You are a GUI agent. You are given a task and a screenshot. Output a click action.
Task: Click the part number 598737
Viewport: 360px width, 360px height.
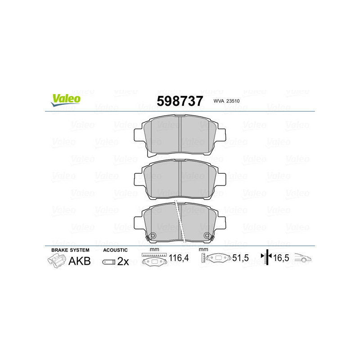(180, 101)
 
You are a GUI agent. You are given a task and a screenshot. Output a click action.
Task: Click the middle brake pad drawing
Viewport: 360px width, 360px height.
(180, 179)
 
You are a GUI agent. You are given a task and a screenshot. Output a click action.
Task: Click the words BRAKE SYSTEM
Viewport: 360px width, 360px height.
(70, 250)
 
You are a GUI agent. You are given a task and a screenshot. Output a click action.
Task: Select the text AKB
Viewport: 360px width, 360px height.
(79, 261)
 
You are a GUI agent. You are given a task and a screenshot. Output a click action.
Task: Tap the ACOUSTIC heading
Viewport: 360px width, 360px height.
(115, 250)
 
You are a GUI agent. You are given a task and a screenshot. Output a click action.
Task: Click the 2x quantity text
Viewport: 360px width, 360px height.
(123, 261)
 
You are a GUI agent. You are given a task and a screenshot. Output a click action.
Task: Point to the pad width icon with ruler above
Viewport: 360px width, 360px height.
(153, 260)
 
